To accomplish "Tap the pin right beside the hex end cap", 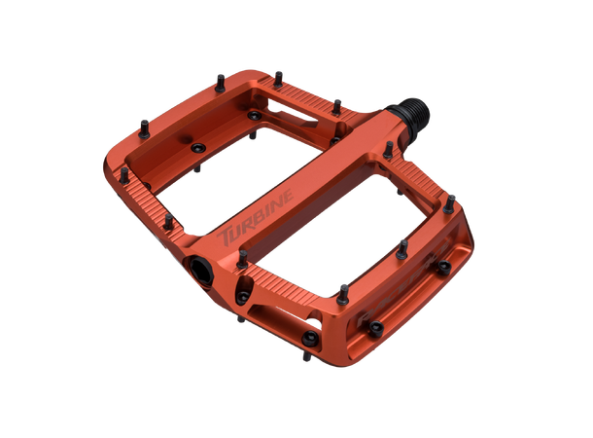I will coord(242,259).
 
